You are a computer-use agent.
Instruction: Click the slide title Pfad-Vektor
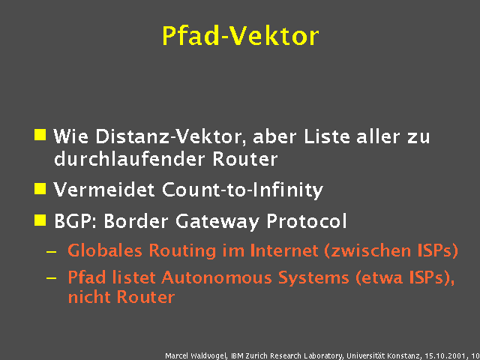pyautogui.click(x=240, y=35)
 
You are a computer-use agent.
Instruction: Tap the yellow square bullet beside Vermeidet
pyautogui.click(x=40, y=188)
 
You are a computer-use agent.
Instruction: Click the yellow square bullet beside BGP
pyautogui.click(x=40, y=220)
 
